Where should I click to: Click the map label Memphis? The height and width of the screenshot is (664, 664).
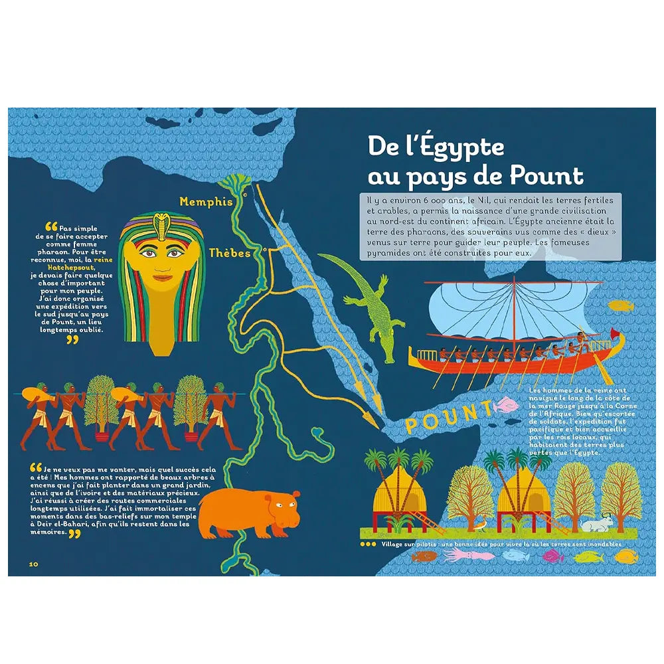(206, 202)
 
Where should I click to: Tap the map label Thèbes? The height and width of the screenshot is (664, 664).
(229, 254)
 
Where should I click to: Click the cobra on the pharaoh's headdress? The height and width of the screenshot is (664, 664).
(159, 224)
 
